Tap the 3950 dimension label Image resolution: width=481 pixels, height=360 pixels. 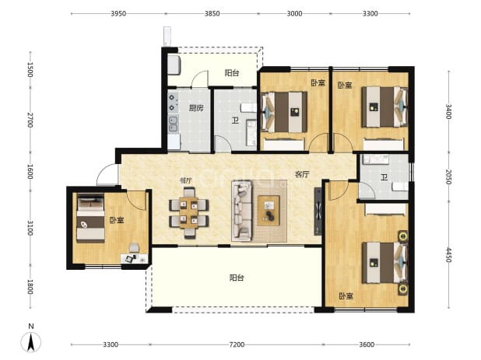point(118,13)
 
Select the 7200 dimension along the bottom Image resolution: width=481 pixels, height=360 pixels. point(237,344)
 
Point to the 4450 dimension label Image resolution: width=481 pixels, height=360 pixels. point(448,255)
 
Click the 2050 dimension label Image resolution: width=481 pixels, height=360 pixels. point(448,177)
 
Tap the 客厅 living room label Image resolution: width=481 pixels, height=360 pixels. point(302,175)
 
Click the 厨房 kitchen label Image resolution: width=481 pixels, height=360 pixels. point(196,108)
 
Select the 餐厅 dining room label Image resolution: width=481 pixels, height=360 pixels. point(186,180)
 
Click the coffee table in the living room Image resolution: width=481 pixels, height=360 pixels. point(269,211)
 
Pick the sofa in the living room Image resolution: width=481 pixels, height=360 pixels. point(242,211)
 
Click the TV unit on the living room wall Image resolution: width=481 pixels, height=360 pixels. point(318,211)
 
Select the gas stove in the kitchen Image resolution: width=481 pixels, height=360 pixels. point(173,103)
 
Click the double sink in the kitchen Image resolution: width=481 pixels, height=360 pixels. point(173,124)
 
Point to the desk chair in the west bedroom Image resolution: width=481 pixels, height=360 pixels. point(134,247)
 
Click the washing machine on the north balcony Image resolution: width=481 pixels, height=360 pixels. point(174,65)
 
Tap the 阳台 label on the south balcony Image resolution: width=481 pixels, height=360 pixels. point(237,278)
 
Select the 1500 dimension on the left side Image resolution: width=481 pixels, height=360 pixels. point(30,69)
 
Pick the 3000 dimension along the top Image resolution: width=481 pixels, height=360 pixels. point(294,13)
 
